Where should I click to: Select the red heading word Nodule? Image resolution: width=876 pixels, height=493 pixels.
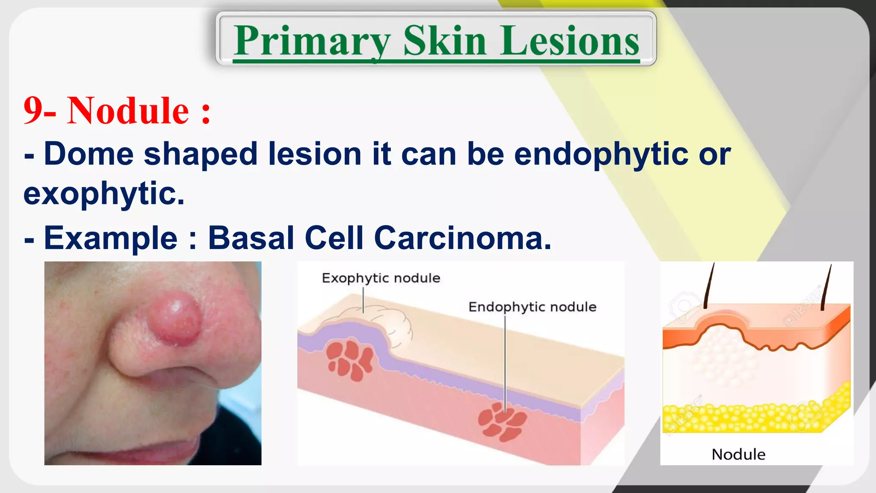pos(128,111)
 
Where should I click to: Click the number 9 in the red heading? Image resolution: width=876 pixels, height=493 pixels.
pos(33,111)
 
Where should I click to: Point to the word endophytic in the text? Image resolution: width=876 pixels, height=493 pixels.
pos(601,154)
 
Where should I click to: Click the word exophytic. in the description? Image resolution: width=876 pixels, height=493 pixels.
pos(104,194)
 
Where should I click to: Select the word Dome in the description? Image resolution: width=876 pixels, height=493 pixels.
pos(89,154)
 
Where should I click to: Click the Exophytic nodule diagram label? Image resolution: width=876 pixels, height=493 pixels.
pos(381,278)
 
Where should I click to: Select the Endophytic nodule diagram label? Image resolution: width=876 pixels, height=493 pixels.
pos(532,307)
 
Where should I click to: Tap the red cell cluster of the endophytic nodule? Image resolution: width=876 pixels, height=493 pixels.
pos(501,422)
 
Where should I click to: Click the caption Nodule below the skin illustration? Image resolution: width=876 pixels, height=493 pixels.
pos(738,454)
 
